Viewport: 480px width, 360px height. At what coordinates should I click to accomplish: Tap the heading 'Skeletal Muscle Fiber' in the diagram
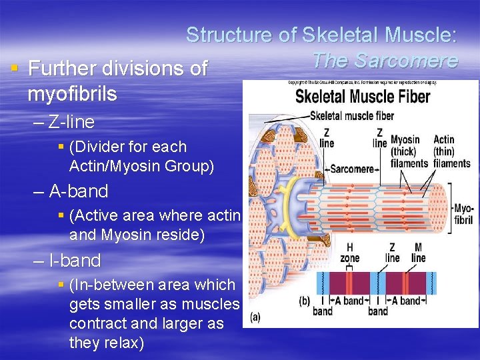363,96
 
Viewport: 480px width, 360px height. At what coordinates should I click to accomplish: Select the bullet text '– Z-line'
63,122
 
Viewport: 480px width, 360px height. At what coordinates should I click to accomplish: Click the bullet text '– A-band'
70,191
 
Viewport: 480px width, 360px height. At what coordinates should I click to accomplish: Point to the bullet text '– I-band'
67,261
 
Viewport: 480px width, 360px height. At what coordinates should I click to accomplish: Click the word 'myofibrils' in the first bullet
72,94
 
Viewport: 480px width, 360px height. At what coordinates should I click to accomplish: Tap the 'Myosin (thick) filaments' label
409,151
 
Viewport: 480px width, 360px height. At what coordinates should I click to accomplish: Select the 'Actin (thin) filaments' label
452,151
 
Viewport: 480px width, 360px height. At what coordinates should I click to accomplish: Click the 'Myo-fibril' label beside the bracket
463,214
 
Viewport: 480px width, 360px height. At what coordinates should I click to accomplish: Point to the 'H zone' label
349,253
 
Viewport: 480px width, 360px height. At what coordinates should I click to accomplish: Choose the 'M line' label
418,253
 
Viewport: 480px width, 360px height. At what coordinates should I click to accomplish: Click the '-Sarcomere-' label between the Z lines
352,169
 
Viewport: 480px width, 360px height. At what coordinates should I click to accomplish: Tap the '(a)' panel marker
255,318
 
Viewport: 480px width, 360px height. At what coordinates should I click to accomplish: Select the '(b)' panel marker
304,301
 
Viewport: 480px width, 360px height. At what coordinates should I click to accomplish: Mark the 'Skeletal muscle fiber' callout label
352,116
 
